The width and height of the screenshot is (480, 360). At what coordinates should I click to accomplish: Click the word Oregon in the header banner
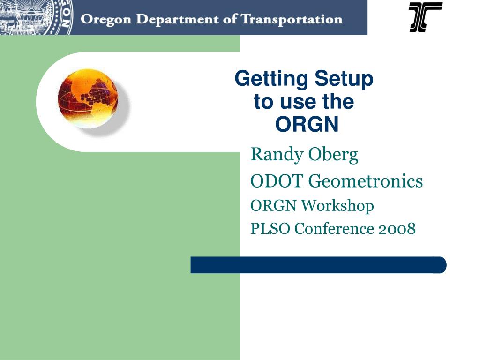106,20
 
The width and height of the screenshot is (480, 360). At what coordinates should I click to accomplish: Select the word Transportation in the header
292,19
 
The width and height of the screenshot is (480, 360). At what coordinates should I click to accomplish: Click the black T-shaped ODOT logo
426,17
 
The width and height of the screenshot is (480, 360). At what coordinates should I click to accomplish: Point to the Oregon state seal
36,17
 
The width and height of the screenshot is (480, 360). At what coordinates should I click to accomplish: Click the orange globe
88,98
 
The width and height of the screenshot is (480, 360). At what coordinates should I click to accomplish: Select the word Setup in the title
344,79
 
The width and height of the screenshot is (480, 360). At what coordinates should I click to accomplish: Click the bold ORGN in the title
307,124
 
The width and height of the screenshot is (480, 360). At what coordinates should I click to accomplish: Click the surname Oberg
333,155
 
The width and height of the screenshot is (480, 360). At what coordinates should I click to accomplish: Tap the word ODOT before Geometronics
277,180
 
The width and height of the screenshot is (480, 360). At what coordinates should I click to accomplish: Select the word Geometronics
367,180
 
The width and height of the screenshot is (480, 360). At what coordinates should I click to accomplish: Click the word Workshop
337,205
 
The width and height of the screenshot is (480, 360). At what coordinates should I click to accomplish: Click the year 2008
397,229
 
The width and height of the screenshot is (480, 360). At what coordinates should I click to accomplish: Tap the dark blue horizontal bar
318,265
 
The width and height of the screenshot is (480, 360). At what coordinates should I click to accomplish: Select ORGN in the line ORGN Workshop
273,205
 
